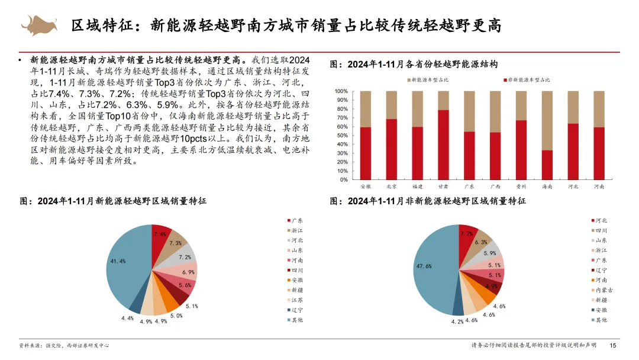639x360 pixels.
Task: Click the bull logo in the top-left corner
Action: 39,25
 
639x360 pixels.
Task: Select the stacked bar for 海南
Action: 548,136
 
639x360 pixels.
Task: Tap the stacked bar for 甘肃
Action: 443,136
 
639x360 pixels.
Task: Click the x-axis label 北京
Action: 391,186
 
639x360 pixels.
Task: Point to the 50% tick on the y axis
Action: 341,136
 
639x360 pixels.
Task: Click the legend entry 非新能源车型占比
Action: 529,79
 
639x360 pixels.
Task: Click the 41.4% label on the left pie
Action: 118,261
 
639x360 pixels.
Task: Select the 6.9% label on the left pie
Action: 189,272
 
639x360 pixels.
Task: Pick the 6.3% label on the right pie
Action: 481,242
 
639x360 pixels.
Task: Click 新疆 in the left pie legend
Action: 296,290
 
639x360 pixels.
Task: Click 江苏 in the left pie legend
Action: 296,300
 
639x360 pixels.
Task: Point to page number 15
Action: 613,346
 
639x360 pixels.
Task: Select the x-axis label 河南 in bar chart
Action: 599,186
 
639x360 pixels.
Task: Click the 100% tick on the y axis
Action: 340,92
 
